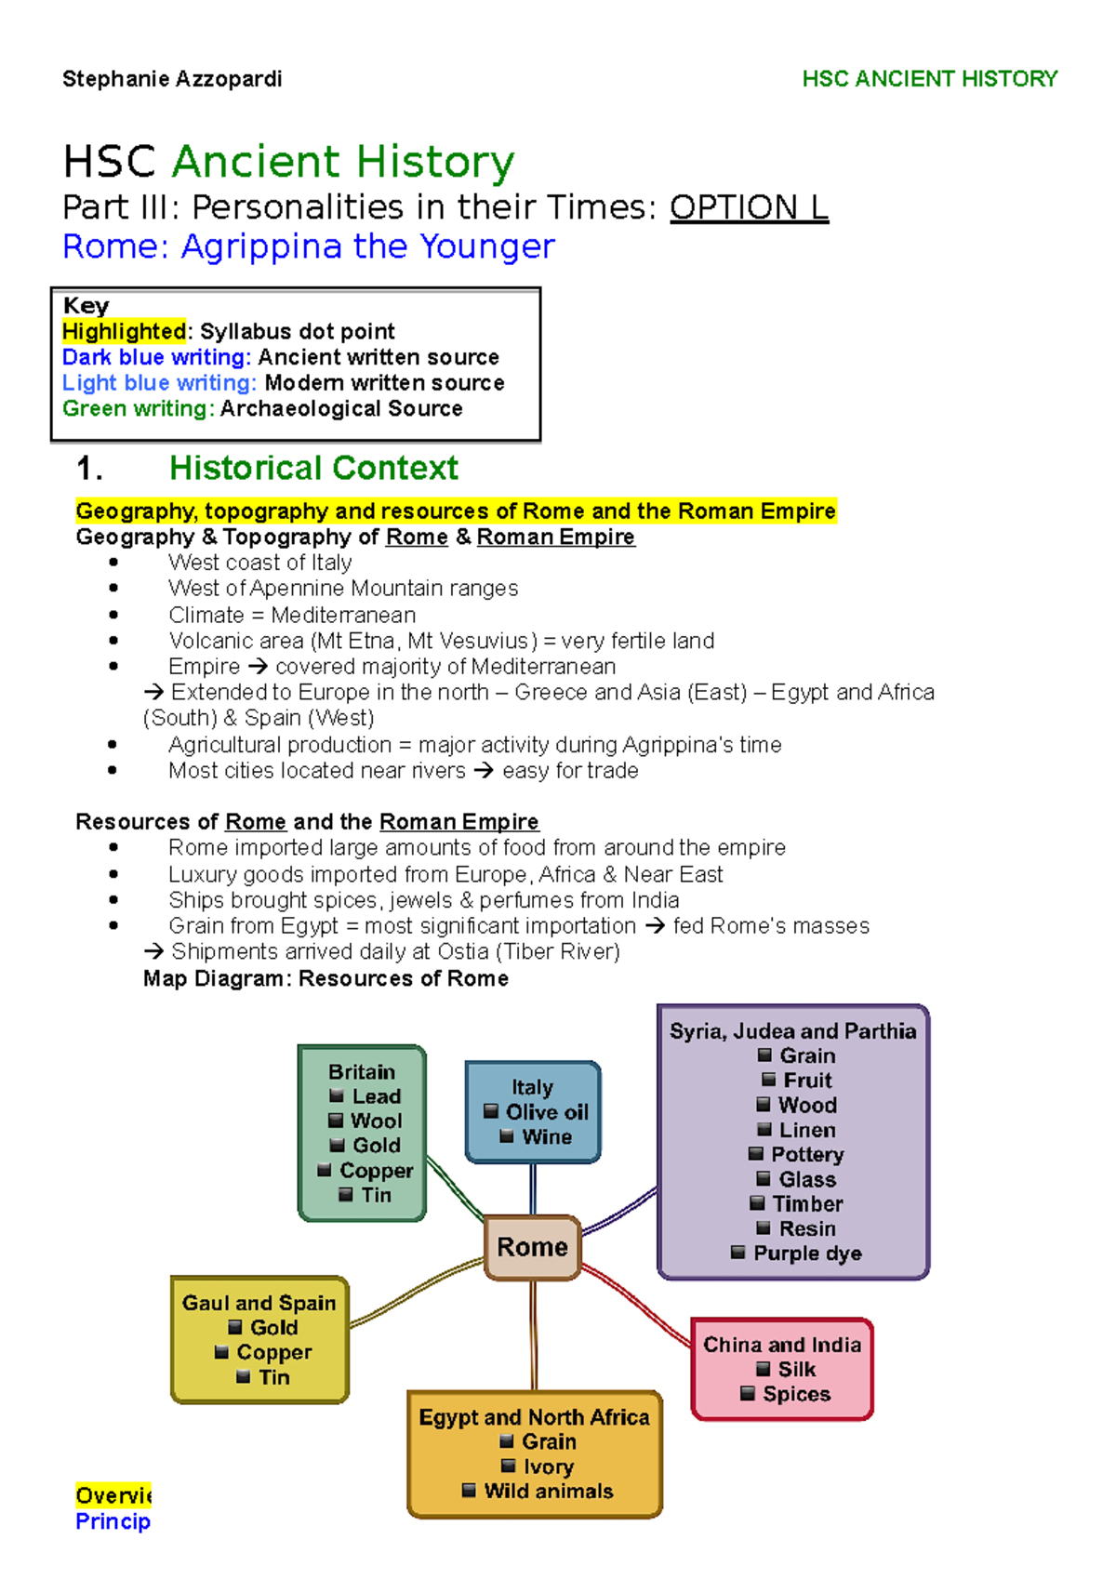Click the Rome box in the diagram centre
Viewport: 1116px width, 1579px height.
pos(532,1247)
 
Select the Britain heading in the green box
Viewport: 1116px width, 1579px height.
pos(361,1071)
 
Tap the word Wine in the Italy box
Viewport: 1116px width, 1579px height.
pos(547,1136)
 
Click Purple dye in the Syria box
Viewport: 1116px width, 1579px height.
pos(807,1253)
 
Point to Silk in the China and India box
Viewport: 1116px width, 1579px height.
pos(797,1369)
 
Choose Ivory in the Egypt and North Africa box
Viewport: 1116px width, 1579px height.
pos(548,1466)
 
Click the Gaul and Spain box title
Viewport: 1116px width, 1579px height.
pos(259,1303)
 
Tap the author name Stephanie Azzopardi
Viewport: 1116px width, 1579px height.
pos(172,79)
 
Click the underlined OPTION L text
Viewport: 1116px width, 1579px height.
pos(749,206)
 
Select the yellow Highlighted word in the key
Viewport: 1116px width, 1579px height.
pos(124,331)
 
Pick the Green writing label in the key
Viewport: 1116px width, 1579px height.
pos(138,408)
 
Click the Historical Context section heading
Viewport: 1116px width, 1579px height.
pos(313,468)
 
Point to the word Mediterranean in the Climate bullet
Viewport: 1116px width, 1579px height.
pos(343,615)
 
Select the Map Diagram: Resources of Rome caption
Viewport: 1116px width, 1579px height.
pos(325,978)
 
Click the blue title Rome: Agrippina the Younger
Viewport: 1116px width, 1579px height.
pos(308,246)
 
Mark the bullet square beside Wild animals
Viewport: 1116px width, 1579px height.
pos(469,1491)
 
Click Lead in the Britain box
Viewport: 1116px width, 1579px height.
pos(376,1096)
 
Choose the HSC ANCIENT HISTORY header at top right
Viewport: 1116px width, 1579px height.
pos(929,79)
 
